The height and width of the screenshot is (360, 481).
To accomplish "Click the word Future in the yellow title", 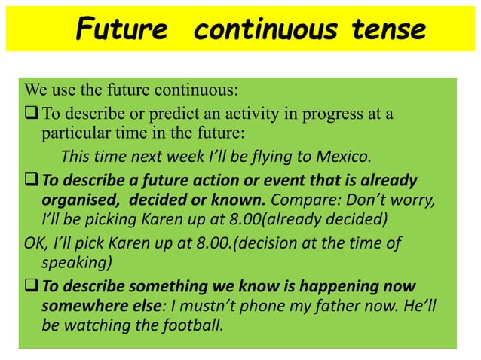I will click(121, 30).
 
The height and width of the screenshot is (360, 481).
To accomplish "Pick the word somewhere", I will click(81, 307).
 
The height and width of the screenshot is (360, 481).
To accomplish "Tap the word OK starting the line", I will click(34, 243).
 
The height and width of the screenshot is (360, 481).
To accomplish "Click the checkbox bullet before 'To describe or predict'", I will click(32, 114).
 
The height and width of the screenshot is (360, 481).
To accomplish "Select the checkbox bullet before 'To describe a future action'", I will click(32, 181).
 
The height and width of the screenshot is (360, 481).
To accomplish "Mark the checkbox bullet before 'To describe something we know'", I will click(32, 286).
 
